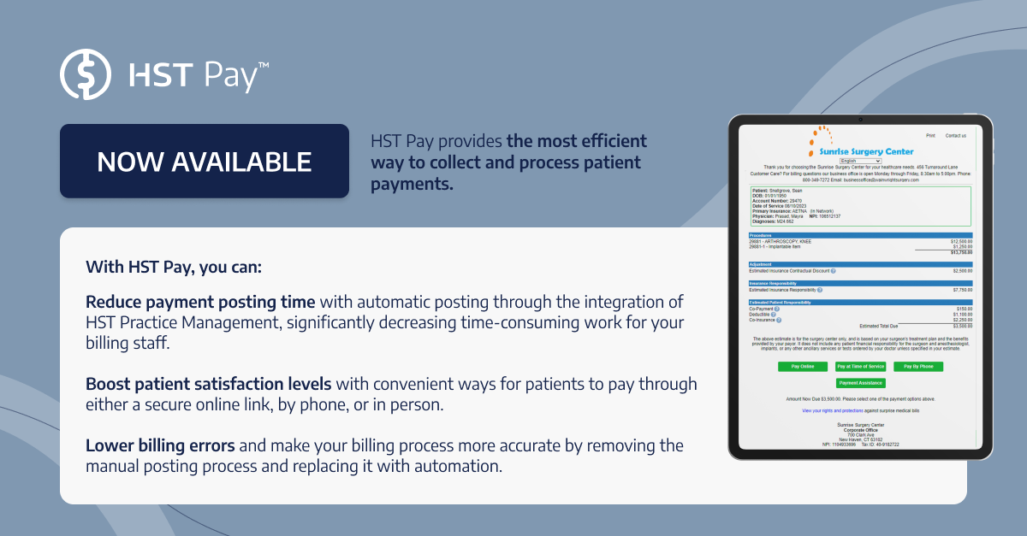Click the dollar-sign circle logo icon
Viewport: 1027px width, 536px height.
pos(86,75)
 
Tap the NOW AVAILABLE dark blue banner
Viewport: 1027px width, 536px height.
pos(204,161)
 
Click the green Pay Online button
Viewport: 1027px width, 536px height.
pos(802,366)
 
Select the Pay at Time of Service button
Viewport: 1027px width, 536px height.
pos(860,366)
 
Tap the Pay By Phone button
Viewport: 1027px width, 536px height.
pos(918,366)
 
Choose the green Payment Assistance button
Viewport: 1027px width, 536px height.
pos(860,383)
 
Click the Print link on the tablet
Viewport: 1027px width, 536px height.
pos(930,135)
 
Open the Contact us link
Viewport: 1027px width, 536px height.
pos(955,135)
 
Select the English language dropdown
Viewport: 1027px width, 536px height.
pos(860,160)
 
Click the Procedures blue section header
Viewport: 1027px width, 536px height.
pos(860,235)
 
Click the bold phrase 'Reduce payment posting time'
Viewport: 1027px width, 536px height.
pos(200,303)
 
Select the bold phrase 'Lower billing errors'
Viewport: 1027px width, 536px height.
pos(160,445)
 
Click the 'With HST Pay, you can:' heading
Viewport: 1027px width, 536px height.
pos(174,267)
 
